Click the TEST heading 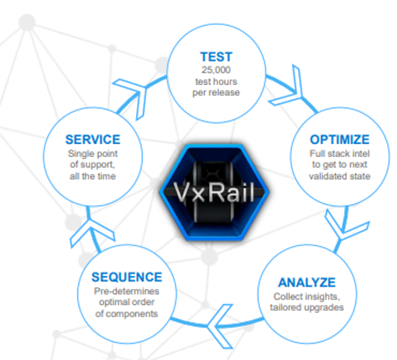click(216, 57)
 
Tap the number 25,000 click(216, 70)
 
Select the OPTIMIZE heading click(340, 139)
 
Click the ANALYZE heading click(307, 283)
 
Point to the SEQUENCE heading click(127, 277)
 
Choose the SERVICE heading click(93, 139)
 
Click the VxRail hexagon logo click(214, 192)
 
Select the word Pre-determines click(127, 291)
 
